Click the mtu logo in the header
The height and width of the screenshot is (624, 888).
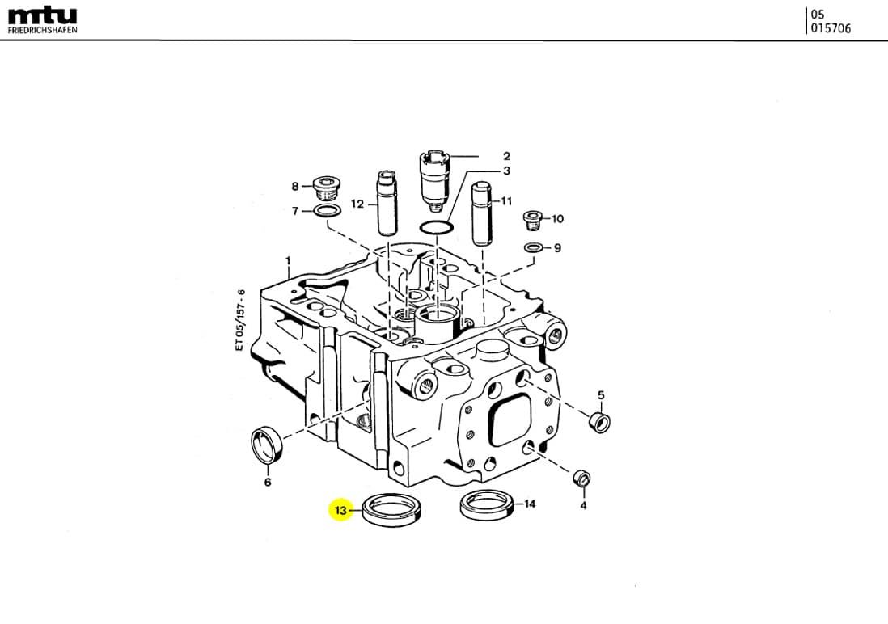click(43, 16)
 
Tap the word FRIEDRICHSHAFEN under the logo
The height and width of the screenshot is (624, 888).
click(43, 30)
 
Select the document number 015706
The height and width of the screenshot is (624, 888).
click(831, 28)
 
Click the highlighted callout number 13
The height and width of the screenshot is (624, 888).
click(340, 510)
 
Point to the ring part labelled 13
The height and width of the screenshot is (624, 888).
click(392, 517)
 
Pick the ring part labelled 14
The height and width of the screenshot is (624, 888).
click(488, 512)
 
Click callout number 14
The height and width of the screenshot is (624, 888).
click(529, 504)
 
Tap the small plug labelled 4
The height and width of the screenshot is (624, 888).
click(582, 478)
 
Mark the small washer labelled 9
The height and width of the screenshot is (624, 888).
click(534, 247)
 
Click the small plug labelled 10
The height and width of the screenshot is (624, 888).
click(533, 220)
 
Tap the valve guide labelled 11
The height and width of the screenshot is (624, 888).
click(483, 213)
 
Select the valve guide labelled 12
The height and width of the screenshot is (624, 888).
click(387, 203)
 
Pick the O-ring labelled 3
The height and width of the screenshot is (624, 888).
click(437, 228)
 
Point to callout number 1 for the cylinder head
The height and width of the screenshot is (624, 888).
click(288, 260)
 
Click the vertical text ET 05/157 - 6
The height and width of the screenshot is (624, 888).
click(240, 320)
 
